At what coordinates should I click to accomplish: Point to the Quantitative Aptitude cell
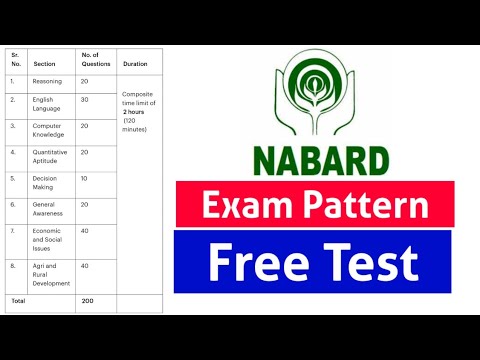tap(52, 157)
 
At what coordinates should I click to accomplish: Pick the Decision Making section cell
tap(46, 183)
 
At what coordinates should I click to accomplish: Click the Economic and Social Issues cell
tap(50, 240)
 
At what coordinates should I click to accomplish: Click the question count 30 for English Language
tap(85, 100)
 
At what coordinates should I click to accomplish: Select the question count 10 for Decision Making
tap(85, 178)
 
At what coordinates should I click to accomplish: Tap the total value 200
tap(87, 300)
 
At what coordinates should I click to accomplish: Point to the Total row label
tap(17, 300)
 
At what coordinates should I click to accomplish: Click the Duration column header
tap(135, 64)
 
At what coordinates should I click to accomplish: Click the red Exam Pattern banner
tap(315, 205)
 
